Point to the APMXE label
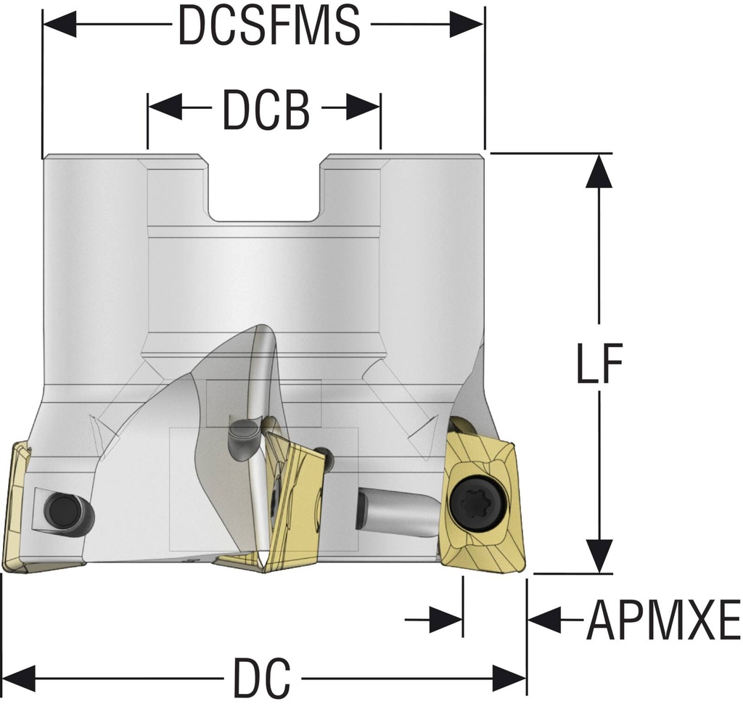pos(662,621)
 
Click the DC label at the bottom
pos(261,679)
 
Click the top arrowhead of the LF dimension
pos(599,170)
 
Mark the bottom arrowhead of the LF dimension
pos(599,557)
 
